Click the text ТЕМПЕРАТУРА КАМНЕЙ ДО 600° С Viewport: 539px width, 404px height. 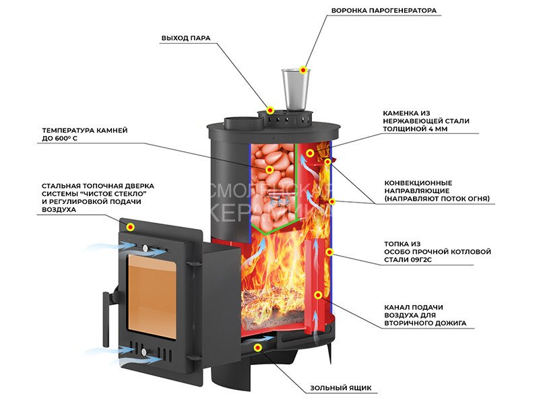point(84,135)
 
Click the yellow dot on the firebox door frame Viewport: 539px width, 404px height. point(131,227)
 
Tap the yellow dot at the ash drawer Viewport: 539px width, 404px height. point(259,347)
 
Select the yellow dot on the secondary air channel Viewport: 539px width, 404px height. point(317,294)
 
